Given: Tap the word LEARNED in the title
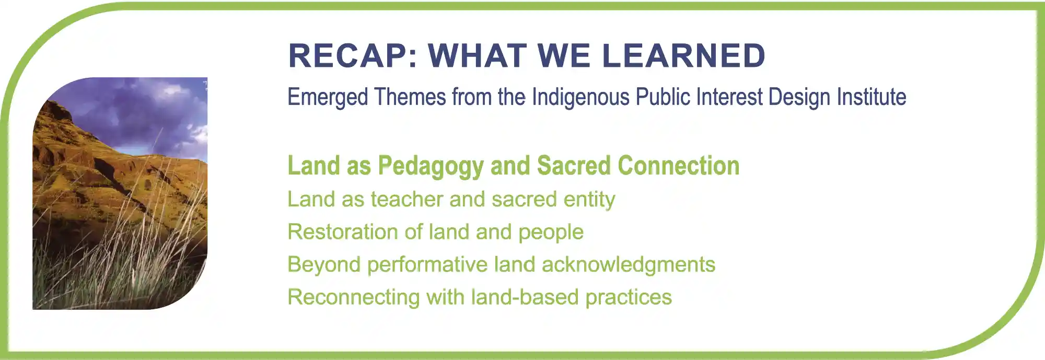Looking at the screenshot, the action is click(x=684, y=56).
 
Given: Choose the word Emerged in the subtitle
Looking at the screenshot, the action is click(x=328, y=98).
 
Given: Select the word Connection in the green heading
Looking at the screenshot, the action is click(x=679, y=166).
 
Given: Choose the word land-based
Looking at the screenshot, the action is click(x=525, y=297).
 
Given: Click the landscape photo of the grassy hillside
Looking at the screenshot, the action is click(x=120, y=193).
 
